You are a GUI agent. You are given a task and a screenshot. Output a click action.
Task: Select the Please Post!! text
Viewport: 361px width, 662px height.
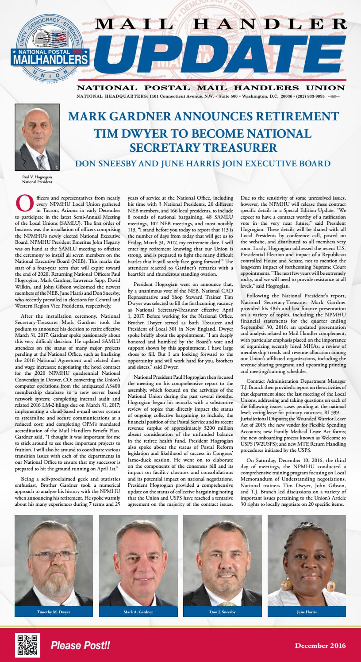80,646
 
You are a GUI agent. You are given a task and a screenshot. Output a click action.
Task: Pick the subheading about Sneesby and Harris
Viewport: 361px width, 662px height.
203,164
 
